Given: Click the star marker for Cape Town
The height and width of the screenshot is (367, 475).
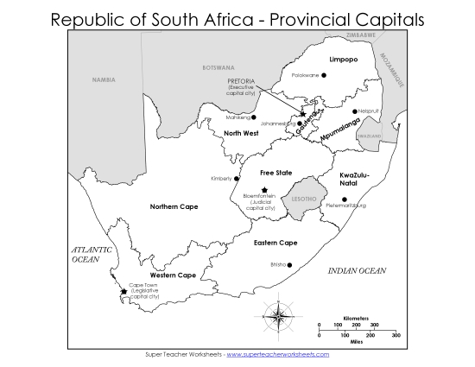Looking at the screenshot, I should pyautogui.click(x=123, y=291).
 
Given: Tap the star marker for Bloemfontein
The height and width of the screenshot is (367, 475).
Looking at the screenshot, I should pyautogui.click(x=264, y=189).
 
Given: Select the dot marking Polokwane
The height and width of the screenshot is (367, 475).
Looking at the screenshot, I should pyautogui.click(x=325, y=76).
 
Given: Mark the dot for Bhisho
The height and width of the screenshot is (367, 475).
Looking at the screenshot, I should pyautogui.click(x=290, y=265).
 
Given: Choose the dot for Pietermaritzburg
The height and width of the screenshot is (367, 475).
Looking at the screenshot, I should pyautogui.click(x=345, y=199).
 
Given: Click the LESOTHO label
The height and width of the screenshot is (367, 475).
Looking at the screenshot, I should pyautogui.click(x=305, y=199).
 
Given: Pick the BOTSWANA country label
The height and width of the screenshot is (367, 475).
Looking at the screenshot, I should pyautogui.click(x=218, y=67).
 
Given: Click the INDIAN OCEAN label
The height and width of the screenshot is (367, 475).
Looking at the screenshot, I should pyautogui.click(x=357, y=271).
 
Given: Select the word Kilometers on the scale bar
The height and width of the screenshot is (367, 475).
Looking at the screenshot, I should pyautogui.click(x=358, y=316).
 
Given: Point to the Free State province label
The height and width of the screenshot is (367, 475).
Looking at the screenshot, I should pyautogui.click(x=263, y=173).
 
